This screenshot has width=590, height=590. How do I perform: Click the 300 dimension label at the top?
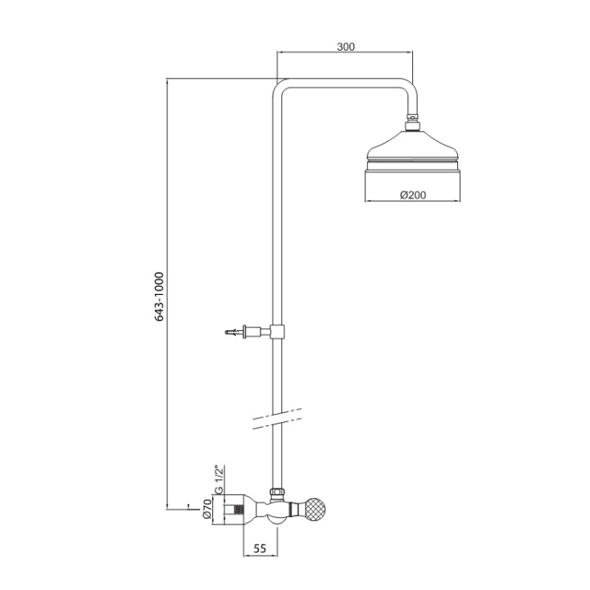(x=346, y=47)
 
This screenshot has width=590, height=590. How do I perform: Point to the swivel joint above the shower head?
(x=413, y=125)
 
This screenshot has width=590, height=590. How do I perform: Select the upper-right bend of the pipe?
(x=409, y=88)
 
